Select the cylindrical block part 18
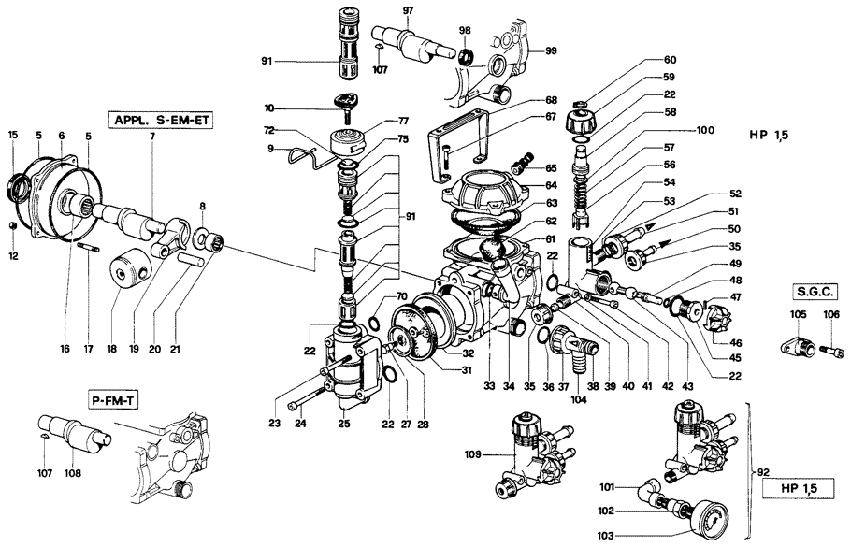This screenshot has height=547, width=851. [124, 272]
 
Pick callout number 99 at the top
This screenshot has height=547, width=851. [551, 50]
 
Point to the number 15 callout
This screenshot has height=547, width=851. [13, 136]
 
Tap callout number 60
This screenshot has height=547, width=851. [670, 60]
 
